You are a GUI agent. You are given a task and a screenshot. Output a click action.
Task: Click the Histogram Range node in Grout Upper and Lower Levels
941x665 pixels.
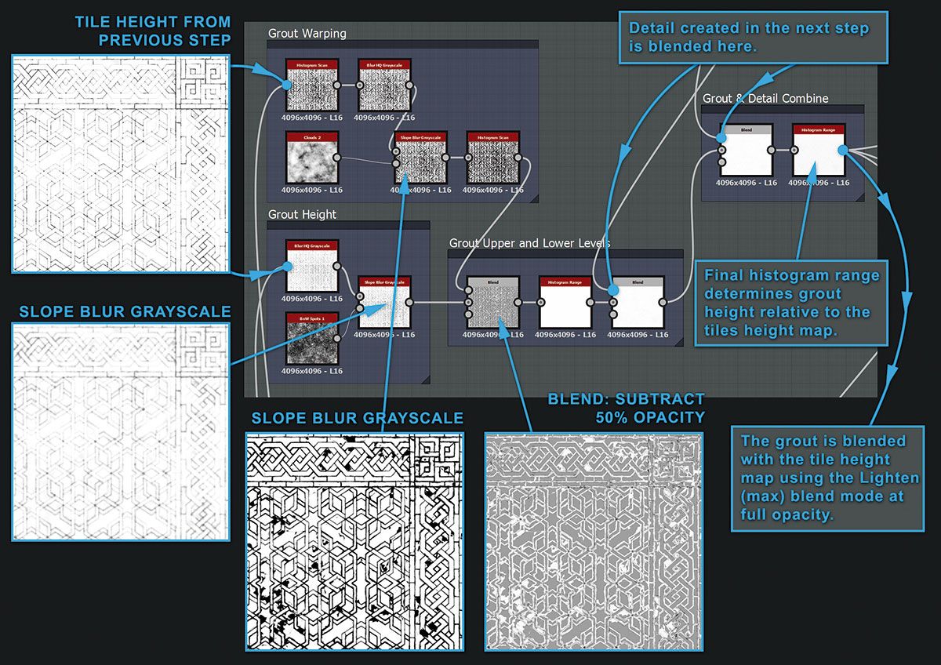pyautogui.click(x=565, y=302)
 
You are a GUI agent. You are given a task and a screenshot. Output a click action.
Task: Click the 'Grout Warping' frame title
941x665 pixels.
pyautogui.click(x=307, y=34)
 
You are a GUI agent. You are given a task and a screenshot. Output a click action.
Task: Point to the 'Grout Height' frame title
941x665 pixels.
pyautogui.click(x=302, y=214)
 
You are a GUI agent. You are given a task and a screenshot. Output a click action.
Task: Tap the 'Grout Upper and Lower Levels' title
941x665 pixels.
pyautogui.click(x=529, y=243)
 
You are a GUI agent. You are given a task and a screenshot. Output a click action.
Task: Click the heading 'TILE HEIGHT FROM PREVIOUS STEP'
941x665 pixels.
pyautogui.click(x=152, y=31)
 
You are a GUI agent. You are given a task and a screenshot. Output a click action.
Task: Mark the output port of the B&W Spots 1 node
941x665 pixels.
pyautogui.click(x=337, y=338)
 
